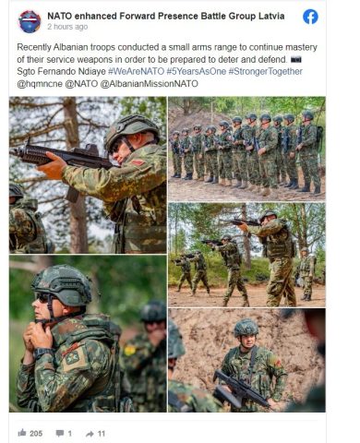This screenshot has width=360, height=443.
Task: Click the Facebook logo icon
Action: pos(310,17)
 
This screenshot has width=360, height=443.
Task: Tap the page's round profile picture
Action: pos(30,21)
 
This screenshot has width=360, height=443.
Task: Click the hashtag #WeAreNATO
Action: pos(136,71)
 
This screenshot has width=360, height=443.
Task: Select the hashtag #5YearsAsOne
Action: pos(197,71)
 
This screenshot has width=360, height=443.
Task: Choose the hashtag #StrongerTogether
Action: pos(266,71)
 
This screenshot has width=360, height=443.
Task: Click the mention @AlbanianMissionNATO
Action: pos(150,84)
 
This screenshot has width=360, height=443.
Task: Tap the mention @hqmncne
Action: pos(40,84)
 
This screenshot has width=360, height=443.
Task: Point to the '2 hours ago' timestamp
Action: pos(67,27)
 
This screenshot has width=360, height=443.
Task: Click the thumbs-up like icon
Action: pos(22,433)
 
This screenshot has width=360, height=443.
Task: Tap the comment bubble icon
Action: pos(60,434)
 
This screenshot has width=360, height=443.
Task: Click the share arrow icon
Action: pos(90,434)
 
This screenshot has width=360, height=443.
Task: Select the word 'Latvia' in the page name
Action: pos(270,16)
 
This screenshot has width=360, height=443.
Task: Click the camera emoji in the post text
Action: pos(296,59)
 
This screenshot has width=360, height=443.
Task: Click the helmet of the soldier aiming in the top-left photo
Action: pos(131,129)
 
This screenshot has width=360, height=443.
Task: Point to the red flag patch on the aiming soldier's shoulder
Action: pos(138,162)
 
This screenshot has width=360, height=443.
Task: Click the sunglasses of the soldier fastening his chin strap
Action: pos(43,298)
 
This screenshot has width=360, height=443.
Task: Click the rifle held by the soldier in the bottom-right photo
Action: pos(240,389)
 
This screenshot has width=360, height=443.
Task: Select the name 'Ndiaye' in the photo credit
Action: pos(91,71)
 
